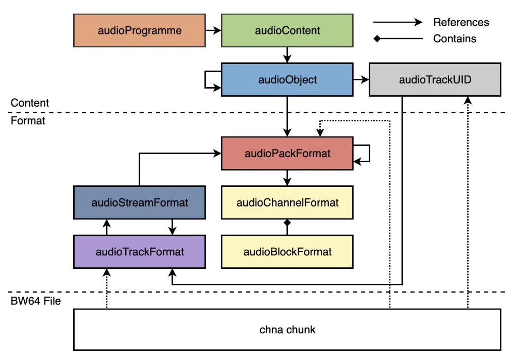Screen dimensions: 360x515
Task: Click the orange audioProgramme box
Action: (139, 30)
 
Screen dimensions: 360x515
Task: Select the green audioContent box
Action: (287, 30)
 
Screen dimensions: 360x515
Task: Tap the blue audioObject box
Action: (287, 80)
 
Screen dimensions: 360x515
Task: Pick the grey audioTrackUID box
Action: (435, 80)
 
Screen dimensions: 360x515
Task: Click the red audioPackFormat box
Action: (287, 153)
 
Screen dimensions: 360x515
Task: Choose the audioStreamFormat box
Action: (140, 202)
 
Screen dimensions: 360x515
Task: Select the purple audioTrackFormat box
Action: (140, 252)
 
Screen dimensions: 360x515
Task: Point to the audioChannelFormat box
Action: (287, 202)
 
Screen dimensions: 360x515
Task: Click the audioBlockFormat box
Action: (287, 252)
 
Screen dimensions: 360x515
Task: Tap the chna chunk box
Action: (287, 330)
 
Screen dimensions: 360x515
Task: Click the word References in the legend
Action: (461, 22)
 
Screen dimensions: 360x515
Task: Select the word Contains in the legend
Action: (455, 39)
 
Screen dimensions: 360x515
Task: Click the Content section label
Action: (30, 103)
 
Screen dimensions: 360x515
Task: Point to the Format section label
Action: (28, 122)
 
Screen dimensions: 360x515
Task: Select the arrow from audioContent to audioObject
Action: (287, 55)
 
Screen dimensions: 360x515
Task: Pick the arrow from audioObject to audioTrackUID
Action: (361, 80)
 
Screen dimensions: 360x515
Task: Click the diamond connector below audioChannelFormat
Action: (287, 223)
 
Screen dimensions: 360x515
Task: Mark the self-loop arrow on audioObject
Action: (210, 80)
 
